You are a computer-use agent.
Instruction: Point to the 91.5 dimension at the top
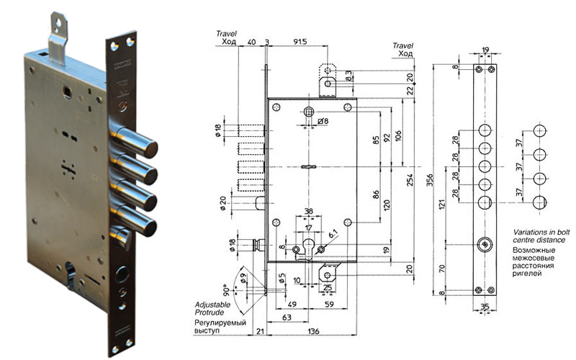coord(300,42)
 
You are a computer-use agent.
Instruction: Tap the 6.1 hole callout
coord(333,234)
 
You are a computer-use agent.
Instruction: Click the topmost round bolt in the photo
coord(145,141)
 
